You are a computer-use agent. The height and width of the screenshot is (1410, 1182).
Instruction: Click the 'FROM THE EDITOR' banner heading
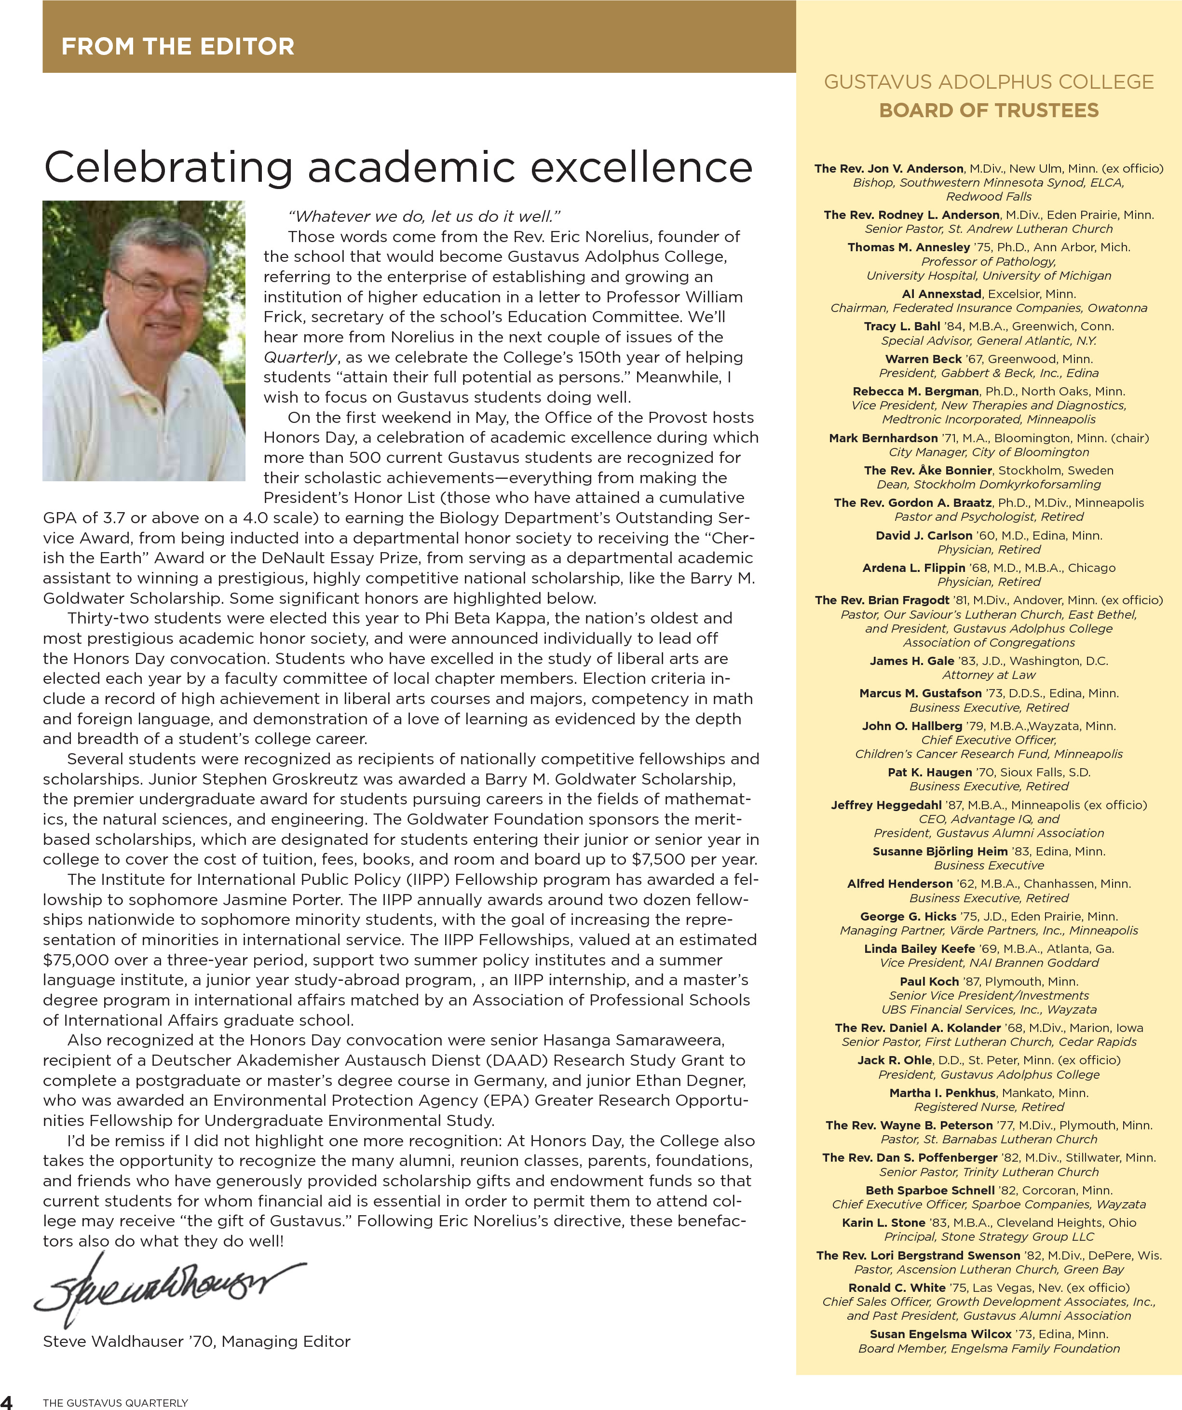[178, 46]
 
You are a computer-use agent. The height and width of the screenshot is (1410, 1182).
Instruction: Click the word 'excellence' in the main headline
[641, 167]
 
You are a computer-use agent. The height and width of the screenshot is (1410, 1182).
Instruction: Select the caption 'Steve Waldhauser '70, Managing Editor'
[196, 1342]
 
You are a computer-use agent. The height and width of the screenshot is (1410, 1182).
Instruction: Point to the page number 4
[7, 1402]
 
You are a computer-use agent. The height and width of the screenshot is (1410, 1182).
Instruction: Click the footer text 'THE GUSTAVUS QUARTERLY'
[116, 1403]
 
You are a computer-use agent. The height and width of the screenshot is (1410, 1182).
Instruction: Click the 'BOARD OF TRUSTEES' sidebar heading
[989, 110]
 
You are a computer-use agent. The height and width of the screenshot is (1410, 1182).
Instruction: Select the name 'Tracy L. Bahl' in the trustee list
[901, 326]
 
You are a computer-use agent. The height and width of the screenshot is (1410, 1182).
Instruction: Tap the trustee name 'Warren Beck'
[923, 359]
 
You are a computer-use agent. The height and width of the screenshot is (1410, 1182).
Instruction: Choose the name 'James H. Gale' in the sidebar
[911, 661]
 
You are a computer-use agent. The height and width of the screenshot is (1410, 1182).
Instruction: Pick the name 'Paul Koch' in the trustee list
[929, 982]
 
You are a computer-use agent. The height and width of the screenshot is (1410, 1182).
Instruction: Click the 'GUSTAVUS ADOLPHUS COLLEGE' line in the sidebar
[989, 82]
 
